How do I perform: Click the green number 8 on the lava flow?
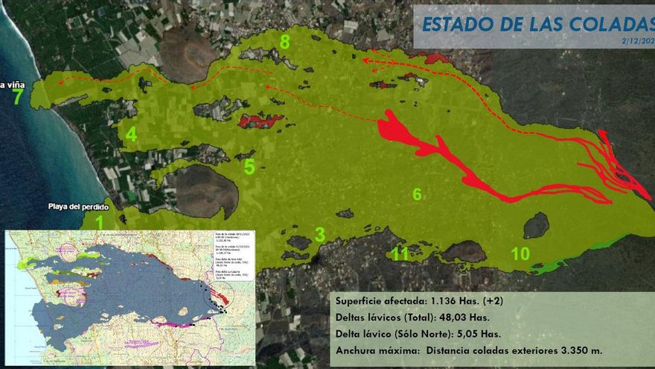[x=284, y=42]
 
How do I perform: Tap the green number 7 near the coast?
[x=17, y=97]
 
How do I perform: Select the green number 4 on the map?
[x=131, y=135]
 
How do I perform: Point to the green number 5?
[x=249, y=167]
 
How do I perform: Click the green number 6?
[x=417, y=195]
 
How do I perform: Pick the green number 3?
[x=319, y=235]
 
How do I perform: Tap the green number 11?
[x=400, y=253]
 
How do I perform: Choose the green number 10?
[x=520, y=253]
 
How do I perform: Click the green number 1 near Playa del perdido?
[x=100, y=221]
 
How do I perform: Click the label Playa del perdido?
[x=79, y=206]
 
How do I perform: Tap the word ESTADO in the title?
[x=456, y=24]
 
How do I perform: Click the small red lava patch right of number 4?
[x=261, y=121]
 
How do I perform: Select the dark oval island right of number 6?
[x=536, y=225]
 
